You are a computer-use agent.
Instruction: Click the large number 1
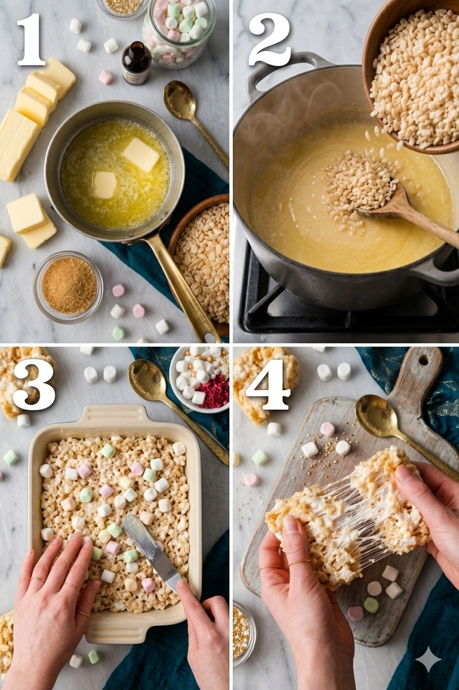32,39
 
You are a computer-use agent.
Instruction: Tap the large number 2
269,39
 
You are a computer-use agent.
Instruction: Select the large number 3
34,385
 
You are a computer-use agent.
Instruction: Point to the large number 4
268,385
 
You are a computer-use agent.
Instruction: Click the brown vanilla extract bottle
137,63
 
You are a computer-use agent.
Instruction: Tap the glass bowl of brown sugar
68,287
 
